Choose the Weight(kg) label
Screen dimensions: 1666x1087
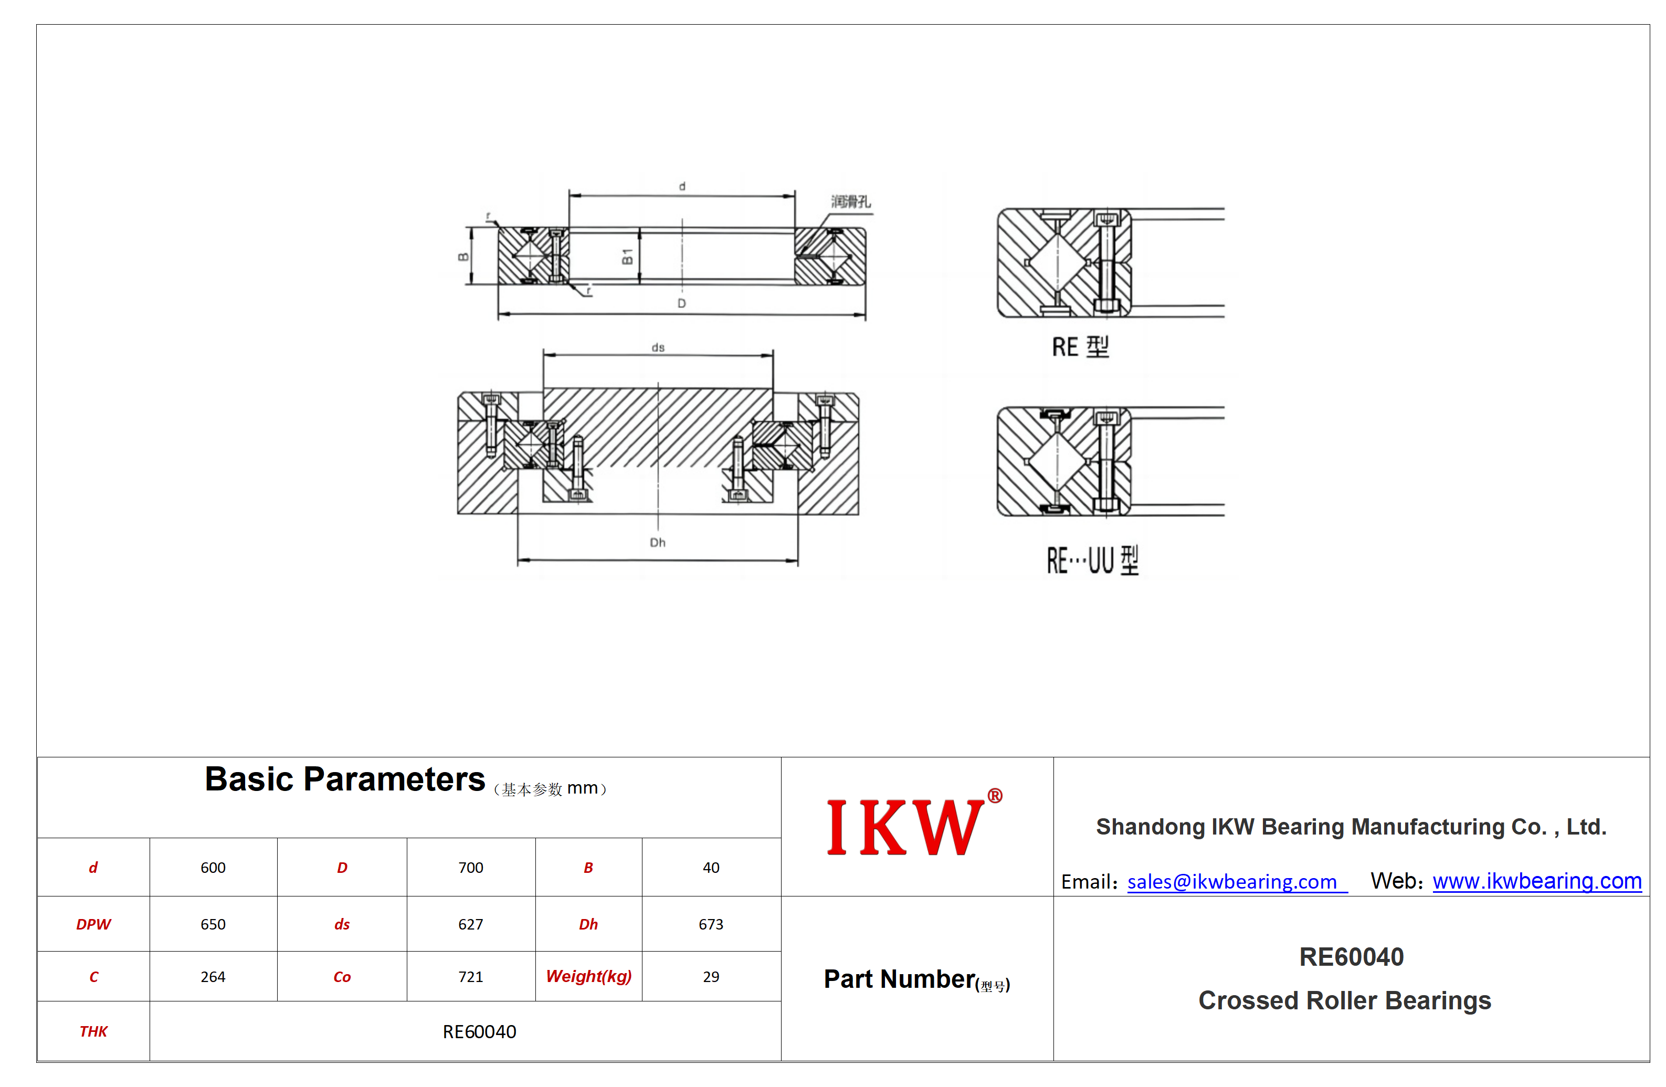(589, 976)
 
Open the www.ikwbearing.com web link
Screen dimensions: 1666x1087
(1537, 881)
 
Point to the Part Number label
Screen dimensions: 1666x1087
(916, 979)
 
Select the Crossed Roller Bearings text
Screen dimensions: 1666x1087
(1345, 1001)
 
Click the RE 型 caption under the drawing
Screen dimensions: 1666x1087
(1080, 347)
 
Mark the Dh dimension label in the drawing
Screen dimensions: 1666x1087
(657, 542)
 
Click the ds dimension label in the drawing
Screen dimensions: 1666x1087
(658, 347)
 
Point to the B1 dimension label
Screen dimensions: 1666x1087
(627, 257)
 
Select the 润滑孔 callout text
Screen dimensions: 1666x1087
(850, 202)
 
